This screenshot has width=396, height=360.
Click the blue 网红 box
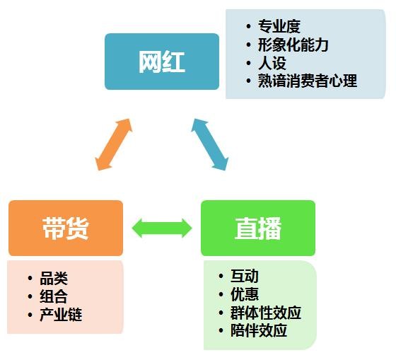click(162, 62)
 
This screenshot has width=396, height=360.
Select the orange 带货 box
click(66, 228)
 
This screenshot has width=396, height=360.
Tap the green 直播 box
click(258, 228)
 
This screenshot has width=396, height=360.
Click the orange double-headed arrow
click(114, 144)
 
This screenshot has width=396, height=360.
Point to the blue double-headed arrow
click(210, 144)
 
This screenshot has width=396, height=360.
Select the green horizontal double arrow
click(162, 228)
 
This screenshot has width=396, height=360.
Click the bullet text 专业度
click(279, 26)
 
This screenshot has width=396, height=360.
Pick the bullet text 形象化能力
click(293, 45)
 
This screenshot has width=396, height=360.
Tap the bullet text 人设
click(272, 63)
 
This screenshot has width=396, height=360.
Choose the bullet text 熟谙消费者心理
click(308, 81)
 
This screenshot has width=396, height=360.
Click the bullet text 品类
click(54, 279)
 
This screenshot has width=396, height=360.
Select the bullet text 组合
click(54, 296)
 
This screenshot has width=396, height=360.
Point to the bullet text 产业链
click(61, 315)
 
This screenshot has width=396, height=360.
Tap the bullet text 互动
click(245, 276)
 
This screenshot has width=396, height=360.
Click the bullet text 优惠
click(245, 294)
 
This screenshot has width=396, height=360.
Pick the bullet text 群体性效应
click(266, 313)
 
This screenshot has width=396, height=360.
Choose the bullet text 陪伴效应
click(259, 330)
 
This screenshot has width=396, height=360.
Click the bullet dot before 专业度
click(248, 26)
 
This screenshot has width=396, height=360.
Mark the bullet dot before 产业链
click(30, 315)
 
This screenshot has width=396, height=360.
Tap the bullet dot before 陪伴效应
click(221, 330)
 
